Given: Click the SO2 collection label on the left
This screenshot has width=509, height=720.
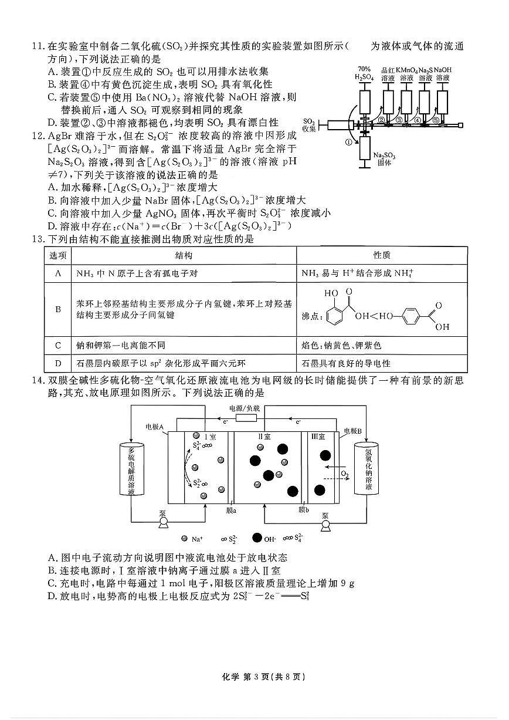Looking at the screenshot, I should (x=310, y=124).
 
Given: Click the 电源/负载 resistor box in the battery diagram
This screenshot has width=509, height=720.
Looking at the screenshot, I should (x=245, y=419).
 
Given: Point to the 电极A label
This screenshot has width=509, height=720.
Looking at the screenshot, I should (x=156, y=428).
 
